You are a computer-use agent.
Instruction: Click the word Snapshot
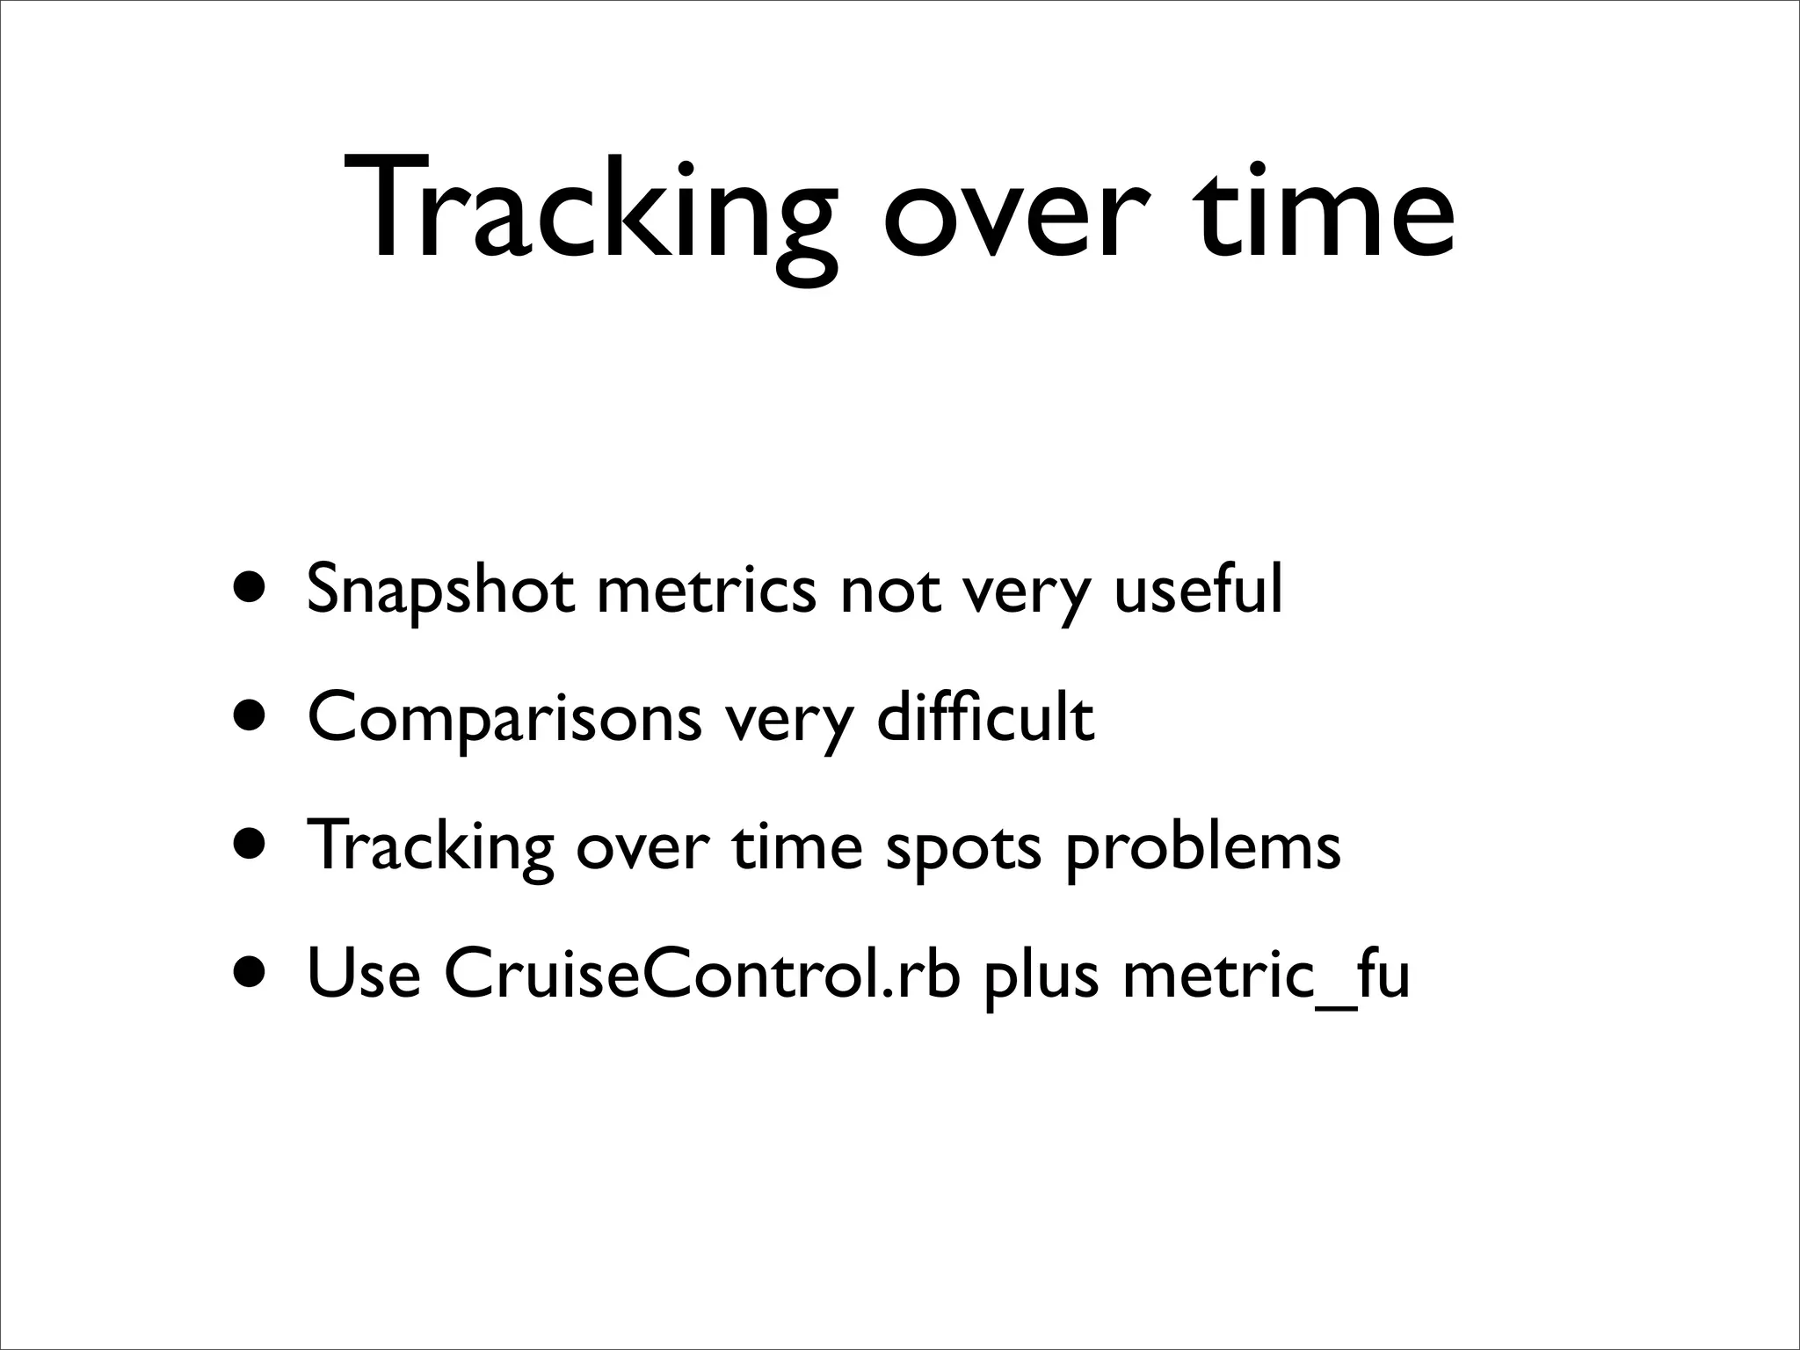coord(440,591)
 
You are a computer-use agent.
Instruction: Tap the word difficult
coord(985,715)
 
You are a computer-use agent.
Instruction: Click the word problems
coord(1203,847)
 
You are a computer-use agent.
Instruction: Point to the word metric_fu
coord(1267,976)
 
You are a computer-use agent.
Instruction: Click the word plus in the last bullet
coord(1042,976)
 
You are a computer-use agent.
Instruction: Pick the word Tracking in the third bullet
coord(431,847)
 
